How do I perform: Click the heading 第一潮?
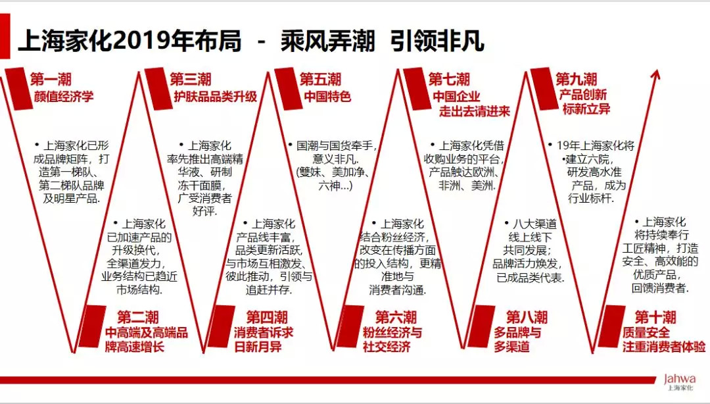51,80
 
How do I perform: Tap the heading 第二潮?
138,317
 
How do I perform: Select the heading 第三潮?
191,80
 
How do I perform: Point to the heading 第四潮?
267,317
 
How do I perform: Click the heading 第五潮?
320,80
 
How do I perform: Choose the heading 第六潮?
396,317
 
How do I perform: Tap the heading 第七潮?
449,80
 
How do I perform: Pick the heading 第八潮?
527,317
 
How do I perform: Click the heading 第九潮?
577,80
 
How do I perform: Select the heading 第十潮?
655,317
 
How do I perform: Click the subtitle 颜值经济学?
64,97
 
